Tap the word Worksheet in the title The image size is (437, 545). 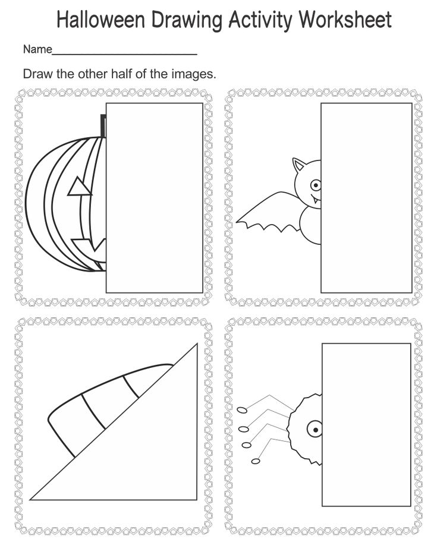345,20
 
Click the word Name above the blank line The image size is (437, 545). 37,50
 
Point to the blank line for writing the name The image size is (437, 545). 125,53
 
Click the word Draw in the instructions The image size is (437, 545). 36,75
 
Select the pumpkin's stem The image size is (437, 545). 103,126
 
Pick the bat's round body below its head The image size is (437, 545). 311,225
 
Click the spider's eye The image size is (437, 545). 313,427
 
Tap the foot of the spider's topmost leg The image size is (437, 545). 242,409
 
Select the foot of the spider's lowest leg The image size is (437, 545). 256,461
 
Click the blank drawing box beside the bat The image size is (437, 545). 366,197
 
